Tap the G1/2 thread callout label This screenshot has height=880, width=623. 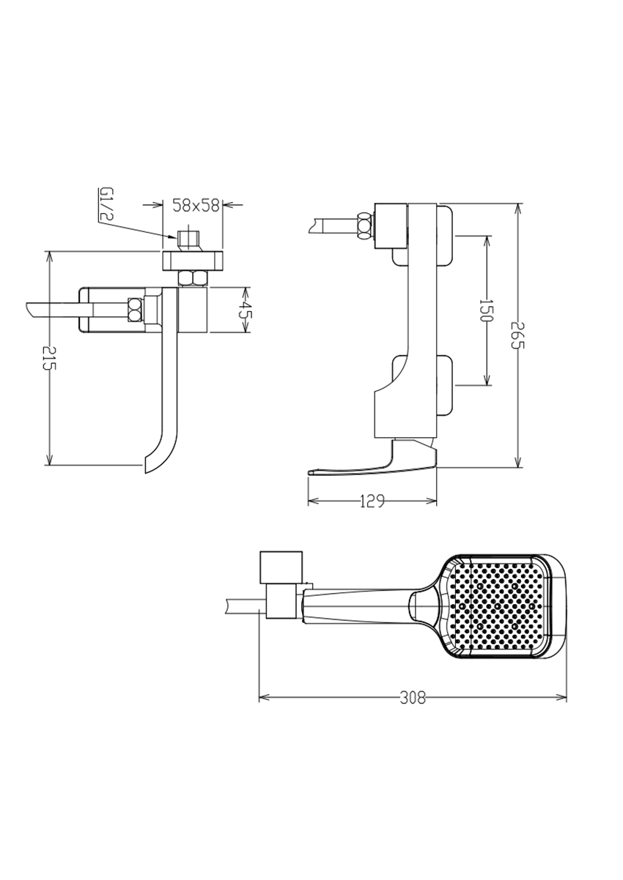(x=106, y=204)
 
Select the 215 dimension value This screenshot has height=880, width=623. (x=51, y=358)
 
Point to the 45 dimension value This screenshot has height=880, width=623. (x=246, y=310)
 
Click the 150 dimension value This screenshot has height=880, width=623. (x=486, y=310)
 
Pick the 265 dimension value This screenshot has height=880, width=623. (x=517, y=335)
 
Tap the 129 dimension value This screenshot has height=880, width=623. (x=372, y=501)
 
